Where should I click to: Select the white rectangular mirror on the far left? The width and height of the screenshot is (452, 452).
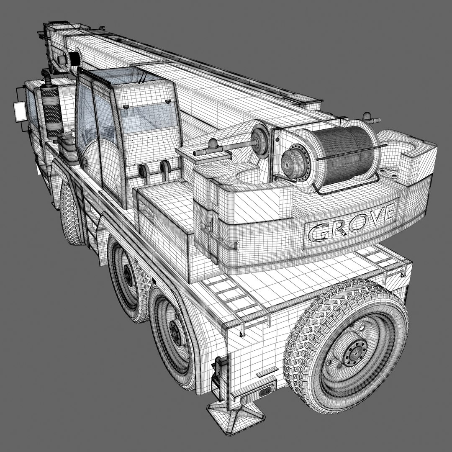click(19, 111)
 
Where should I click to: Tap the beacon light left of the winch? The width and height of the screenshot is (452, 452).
click(214, 145)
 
